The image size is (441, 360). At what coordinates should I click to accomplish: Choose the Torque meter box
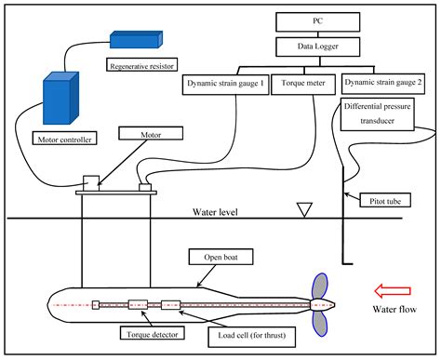[302, 83]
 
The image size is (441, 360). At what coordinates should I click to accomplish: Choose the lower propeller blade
[318, 322]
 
